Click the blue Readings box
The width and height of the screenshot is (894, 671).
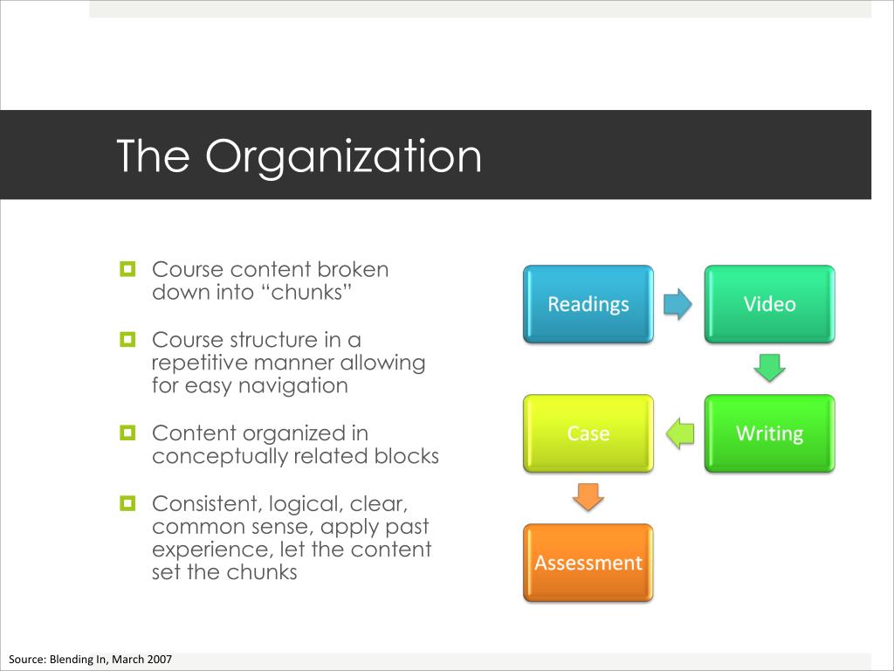tap(588, 304)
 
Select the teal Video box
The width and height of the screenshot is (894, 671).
tap(769, 304)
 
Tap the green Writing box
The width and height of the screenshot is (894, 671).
tap(769, 433)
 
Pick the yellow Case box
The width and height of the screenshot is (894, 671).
tap(588, 433)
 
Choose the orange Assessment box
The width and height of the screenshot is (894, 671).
tap(588, 563)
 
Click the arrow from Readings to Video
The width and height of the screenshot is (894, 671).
tap(677, 304)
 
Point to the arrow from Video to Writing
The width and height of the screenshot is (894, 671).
tap(769, 367)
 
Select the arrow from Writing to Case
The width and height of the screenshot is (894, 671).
tap(680, 432)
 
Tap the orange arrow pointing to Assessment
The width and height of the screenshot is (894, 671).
tap(588, 496)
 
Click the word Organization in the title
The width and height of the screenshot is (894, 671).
tap(343, 156)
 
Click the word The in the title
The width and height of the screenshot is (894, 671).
tap(155, 156)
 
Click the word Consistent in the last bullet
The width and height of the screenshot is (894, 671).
tap(205, 504)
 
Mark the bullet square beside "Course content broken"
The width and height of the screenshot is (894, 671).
tap(127, 268)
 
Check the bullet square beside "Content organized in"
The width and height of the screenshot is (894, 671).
tap(127, 432)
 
